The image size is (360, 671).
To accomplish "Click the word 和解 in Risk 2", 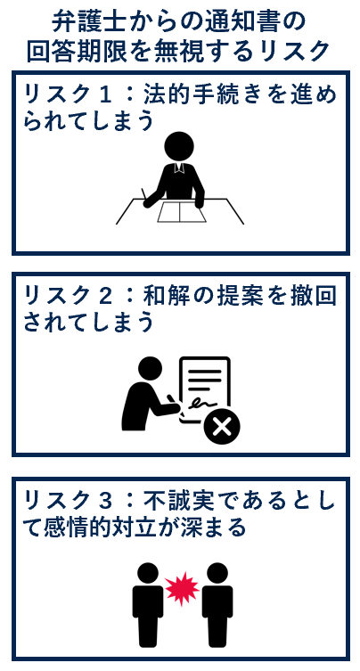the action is tap(164, 297).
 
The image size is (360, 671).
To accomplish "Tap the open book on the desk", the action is tap(181, 212).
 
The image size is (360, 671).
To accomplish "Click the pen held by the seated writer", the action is tap(144, 194).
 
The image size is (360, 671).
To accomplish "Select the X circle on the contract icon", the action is tap(222, 427).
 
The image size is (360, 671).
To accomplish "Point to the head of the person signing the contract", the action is tap(151, 368).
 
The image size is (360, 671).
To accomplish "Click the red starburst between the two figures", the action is tap(183, 588).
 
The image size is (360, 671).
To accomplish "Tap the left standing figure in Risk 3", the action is tap(148, 604).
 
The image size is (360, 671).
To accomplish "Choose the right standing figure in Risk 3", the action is tap(217, 604).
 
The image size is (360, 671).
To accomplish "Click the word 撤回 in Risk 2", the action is tap(316, 297).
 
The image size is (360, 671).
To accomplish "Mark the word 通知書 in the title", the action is tap(248, 22).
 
